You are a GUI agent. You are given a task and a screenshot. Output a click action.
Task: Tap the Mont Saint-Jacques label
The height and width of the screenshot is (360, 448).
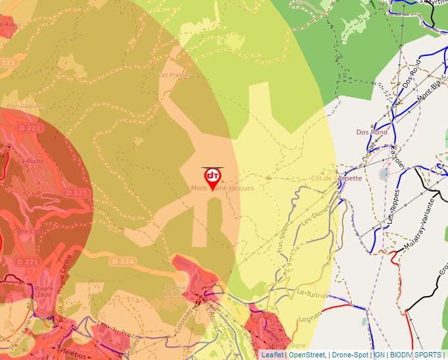tap(223, 188)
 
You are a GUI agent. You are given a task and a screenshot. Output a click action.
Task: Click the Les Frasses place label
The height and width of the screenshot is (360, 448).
tap(175, 75)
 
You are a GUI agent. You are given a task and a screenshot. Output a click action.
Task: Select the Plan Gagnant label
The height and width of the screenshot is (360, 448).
tap(26, 106)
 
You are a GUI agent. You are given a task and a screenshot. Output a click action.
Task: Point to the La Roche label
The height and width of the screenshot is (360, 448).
tap(30, 161)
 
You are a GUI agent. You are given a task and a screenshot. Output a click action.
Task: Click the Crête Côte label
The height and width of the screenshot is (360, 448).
tap(28, 231)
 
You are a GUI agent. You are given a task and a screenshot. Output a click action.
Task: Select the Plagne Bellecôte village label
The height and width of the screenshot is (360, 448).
tap(176, 292)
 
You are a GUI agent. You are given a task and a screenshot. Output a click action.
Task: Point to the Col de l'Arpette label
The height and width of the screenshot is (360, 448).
tap(337, 178)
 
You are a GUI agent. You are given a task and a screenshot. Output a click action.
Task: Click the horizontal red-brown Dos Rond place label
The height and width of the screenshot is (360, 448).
tap(372, 132)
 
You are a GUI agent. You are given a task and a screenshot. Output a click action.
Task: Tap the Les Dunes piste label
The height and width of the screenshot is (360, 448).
tap(314, 215)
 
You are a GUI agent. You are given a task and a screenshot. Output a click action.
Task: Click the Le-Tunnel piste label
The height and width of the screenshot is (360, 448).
tap(312, 292)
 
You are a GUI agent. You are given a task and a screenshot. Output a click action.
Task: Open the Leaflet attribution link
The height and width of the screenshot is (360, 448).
tap(272, 355)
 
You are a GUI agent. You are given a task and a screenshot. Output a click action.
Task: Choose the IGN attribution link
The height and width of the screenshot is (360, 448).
tap(379, 355)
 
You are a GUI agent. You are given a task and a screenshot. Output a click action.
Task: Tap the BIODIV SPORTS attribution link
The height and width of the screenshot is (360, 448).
tap(416, 355)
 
